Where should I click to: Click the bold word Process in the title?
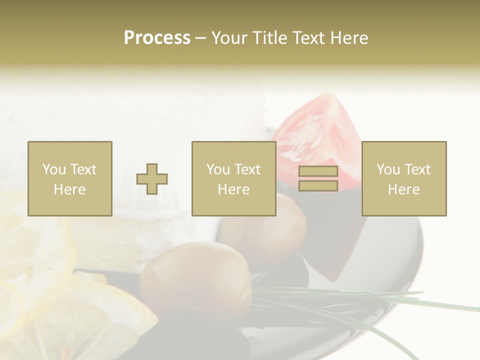click(x=157, y=38)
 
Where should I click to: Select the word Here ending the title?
click(x=348, y=38)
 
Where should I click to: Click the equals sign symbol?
click(x=318, y=178)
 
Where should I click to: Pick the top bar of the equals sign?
click(x=318, y=171)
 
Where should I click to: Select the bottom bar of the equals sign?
click(x=318, y=185)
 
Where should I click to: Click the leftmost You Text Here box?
click(x=70, y=178)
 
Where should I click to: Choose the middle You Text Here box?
click(x=233, y=178)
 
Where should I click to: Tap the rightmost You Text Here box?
click(x=404, y=178)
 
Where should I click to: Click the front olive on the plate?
click(x=195, y=282)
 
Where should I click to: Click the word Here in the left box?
click(x=70, y=189)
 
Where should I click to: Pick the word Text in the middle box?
click(x=247, y=169)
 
